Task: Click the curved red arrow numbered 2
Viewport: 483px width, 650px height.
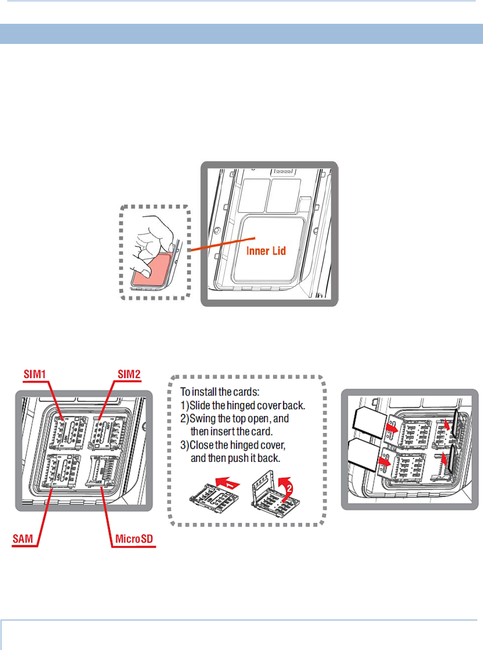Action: coord(288,483)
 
